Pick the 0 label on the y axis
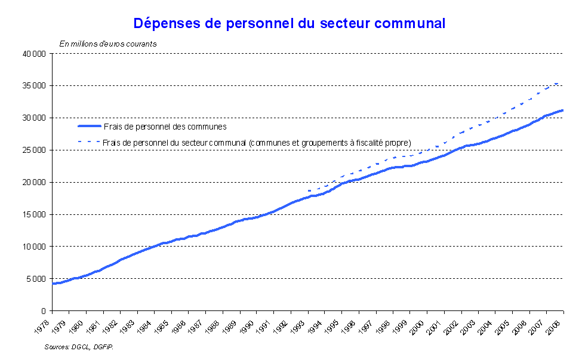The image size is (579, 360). (44, 311)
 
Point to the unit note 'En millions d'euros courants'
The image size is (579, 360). (107, 43)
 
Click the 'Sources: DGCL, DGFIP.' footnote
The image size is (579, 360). (79, 346)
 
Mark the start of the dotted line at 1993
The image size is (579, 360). (308, 190)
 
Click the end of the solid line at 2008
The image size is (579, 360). (563, 110)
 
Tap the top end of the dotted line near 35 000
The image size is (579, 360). (558, 83)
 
